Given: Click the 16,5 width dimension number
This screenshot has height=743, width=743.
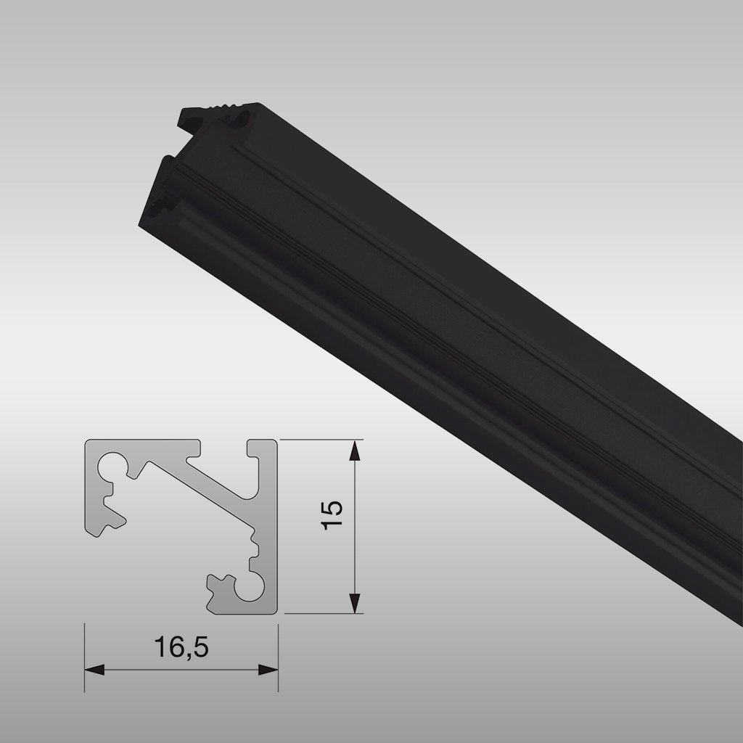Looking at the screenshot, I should click(x=182, y=646).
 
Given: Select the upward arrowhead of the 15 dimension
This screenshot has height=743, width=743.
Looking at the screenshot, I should click(x=354, y=451).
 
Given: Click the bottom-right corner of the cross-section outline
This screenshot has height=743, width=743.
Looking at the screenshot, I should click(x=276, y=613).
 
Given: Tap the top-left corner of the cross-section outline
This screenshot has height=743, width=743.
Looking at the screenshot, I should click(x=88, y=441).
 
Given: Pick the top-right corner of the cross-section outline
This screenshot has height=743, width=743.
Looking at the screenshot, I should click(x=276, y=440).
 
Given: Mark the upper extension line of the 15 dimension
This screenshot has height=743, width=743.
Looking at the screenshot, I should click(x=319, y=439).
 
